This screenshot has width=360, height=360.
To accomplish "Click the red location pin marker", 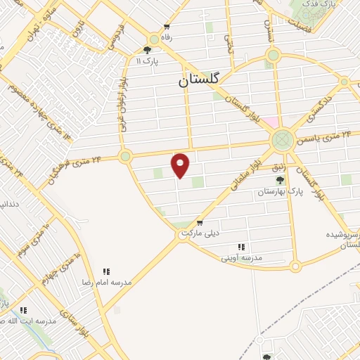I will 181,165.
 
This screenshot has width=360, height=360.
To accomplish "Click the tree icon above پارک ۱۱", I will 147,50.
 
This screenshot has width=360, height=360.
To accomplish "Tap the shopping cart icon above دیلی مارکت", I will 200,222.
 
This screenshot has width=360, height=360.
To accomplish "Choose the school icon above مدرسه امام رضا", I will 106,271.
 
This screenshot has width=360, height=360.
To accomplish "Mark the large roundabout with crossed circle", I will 282,140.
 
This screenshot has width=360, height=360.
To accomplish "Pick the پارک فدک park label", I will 323,5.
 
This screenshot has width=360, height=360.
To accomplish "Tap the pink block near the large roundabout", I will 270,122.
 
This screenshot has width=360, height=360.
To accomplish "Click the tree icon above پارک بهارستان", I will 280,180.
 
